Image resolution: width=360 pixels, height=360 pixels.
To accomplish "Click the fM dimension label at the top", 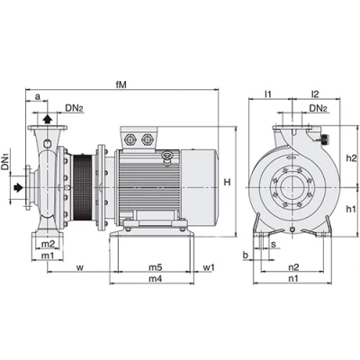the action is [121, 85].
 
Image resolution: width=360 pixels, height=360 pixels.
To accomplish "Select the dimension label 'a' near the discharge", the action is [38, 97].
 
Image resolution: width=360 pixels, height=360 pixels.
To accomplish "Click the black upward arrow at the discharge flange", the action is [48, 119].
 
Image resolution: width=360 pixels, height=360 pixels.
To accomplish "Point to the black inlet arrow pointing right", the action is [19, 187].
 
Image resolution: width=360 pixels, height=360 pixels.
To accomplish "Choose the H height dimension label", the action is [228, 182].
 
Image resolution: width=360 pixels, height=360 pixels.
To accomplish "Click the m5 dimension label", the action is [156, 267].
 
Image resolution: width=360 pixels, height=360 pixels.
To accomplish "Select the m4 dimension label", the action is [156, 279].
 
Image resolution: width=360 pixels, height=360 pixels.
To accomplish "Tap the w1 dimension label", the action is [209, 267].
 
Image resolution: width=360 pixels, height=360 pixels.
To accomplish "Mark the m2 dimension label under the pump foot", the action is [48, 244].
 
